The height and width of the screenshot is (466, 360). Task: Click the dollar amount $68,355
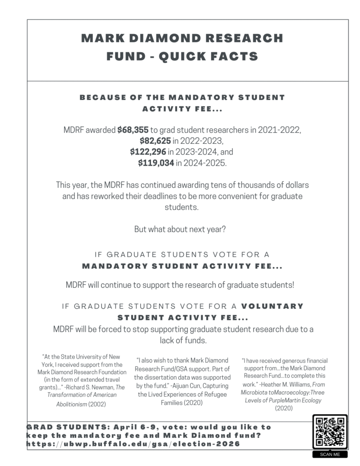(133, 130)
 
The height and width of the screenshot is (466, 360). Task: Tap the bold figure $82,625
(155, 141)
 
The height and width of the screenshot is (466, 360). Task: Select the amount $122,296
(148, 152)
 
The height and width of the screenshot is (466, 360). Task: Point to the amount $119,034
(156, 162)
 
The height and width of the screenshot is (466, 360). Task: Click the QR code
(330, 431)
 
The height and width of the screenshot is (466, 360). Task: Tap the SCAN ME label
(330, 454)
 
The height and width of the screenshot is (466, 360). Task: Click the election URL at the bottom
(133, 444)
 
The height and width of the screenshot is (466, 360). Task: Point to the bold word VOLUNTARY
(272, 306)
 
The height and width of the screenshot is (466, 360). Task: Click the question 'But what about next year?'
(180, 229)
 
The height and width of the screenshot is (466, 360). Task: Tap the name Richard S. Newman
(90, 387)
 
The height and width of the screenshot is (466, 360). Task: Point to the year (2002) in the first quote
(96, 404)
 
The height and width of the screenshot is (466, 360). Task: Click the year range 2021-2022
(280, 130)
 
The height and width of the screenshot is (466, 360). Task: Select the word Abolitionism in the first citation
(71, 404)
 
